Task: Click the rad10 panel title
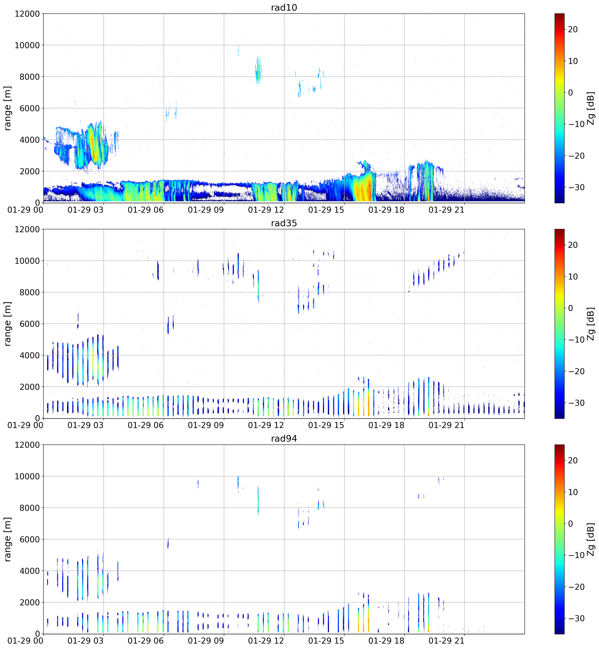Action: [x=284, y=7]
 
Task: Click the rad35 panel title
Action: [x=284, y=223]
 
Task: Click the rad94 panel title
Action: [x=284, y=439]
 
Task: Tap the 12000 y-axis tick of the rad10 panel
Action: [x=27, y=14]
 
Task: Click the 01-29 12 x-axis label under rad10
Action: [x=266, y=210]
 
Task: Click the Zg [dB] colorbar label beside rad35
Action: [x=591, y=324]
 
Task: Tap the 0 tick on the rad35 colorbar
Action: [x=571, y=308]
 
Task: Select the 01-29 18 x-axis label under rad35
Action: [x=386, y=425]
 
